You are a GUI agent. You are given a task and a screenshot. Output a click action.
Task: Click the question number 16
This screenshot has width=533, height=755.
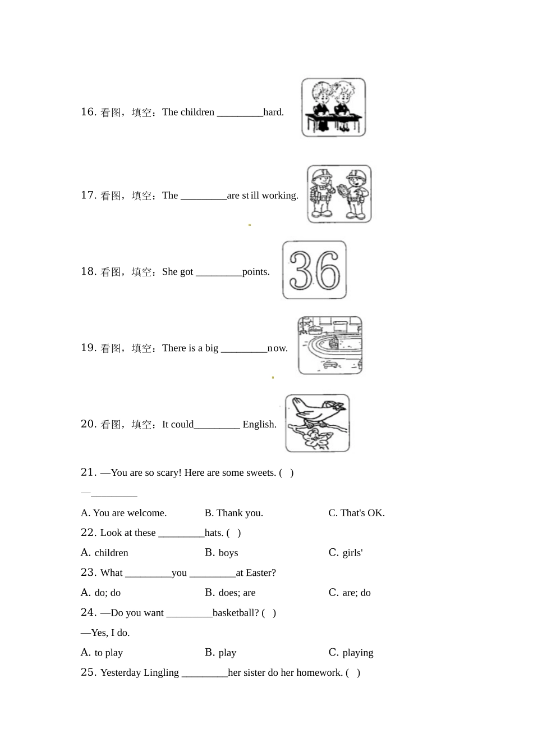[88, 112]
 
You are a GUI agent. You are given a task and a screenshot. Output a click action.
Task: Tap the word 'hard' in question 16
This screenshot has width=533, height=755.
[273, 112]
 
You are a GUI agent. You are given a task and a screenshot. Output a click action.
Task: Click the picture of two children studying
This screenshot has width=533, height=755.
[333, 107]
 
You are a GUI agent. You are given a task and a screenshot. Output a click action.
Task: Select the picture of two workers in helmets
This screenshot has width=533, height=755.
[339, 194]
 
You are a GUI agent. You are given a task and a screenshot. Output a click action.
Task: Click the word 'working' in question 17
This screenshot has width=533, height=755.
[279, 195]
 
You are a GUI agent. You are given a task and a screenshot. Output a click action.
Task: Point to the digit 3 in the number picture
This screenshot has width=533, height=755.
[301, 270]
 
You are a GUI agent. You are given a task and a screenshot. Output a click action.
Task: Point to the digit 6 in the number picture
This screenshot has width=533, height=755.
[328, 270]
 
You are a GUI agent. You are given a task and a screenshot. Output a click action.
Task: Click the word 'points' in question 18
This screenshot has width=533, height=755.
[255, 272]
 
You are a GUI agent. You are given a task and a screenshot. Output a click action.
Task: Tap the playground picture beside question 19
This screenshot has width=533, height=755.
[330, 345]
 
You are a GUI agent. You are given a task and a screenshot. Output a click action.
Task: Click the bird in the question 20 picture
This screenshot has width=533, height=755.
[318, 411]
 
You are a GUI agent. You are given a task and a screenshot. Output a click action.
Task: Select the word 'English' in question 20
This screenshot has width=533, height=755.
[259, 425]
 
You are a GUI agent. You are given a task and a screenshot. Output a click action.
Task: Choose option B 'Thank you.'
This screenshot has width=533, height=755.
[233, 513]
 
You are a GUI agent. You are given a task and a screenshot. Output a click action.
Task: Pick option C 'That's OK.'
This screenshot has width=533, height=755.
[356, 513]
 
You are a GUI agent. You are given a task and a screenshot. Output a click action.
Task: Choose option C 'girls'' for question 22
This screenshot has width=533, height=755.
[346, 553]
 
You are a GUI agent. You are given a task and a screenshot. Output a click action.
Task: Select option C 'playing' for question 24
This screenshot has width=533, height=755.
[351, 653]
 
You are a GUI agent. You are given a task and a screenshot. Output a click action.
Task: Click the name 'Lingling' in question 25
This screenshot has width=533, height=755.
[161, 673]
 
